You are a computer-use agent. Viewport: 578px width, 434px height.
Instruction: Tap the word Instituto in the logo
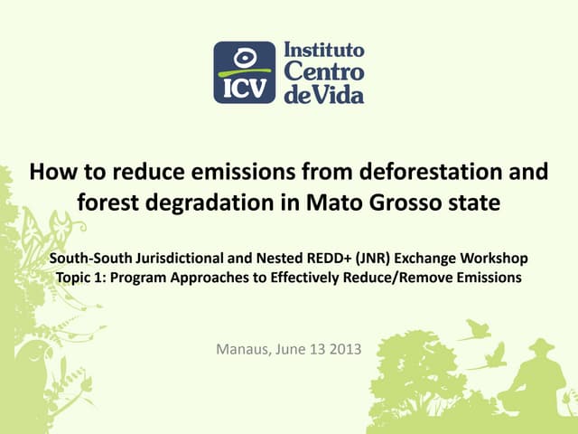pos(325,50)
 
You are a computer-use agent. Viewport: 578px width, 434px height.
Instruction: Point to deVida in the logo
pos(324,92)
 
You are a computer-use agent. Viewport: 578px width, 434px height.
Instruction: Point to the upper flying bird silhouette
pos(475,332)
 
